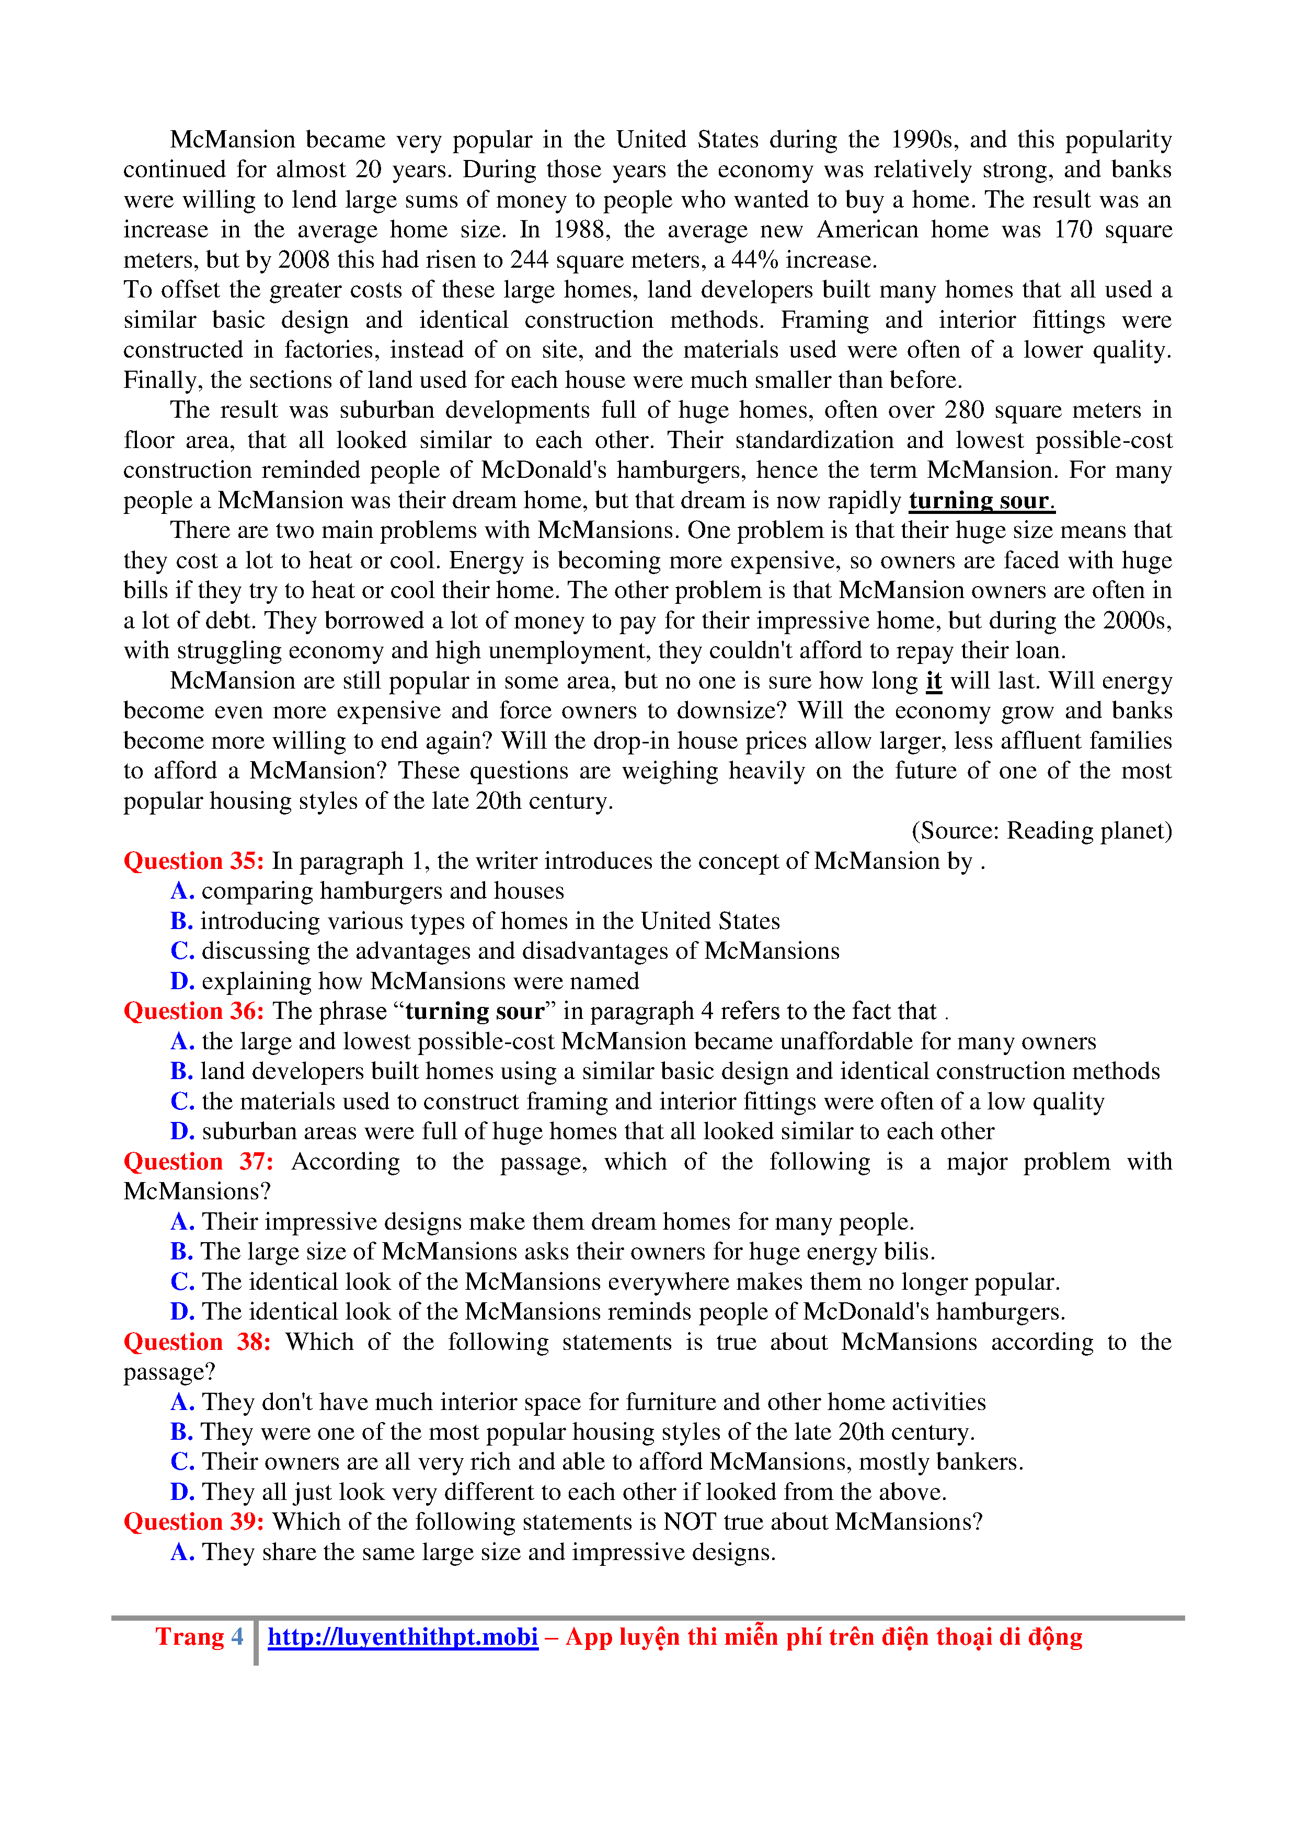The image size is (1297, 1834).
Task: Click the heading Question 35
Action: [x=193, y=861]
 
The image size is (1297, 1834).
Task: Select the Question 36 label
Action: [x=193, y=1011]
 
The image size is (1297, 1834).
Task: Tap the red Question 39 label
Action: [x=193, y=1522]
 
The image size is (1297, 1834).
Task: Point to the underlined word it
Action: [x=934, y=681]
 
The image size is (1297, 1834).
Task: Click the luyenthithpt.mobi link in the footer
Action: [x=403, y=1637]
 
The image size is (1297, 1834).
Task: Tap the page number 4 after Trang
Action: [x=237, y=1637]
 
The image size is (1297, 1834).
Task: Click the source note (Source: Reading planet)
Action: [x=1041, y=831]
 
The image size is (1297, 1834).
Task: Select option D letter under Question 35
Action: [x=182, y=982]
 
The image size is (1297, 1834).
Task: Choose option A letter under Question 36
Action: [x=182, y=1041]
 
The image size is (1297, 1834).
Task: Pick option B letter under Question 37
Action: [x=181, y=1252]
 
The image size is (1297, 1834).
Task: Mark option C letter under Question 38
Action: [x=182, y=1462]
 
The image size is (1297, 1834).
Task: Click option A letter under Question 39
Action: [x=182, y=1552]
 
